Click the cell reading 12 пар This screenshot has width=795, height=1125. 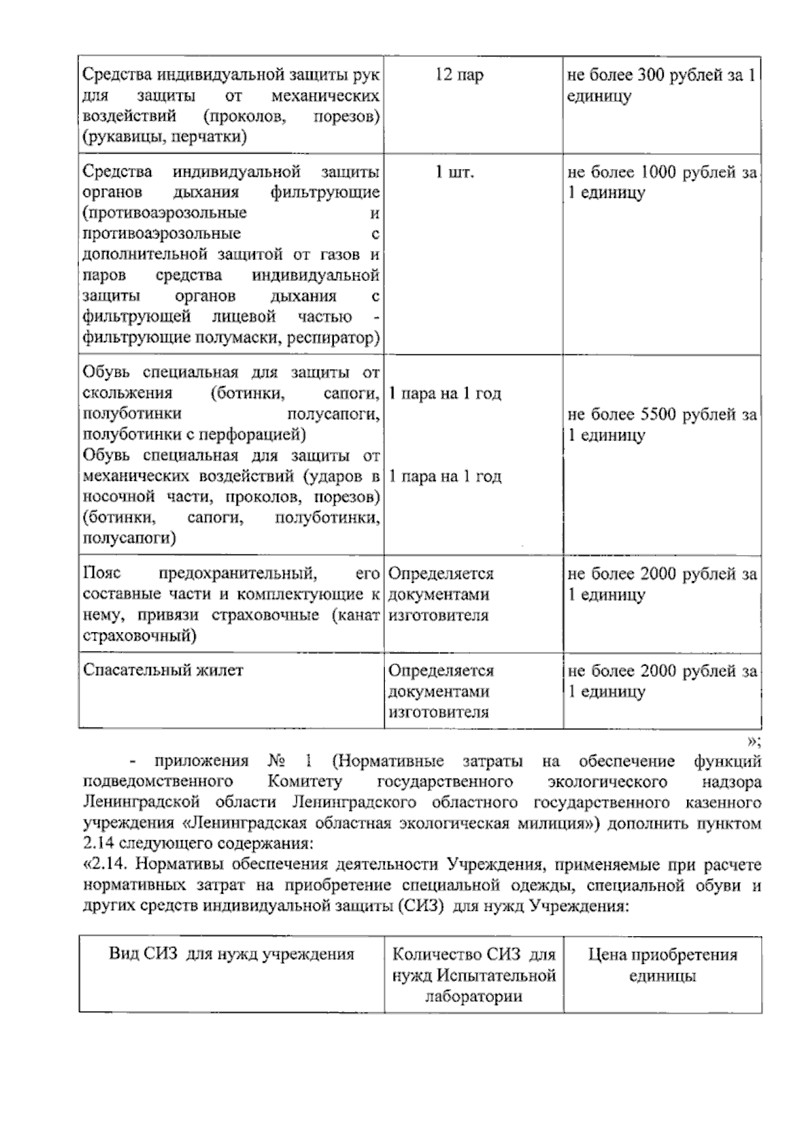click(x=459, y=75)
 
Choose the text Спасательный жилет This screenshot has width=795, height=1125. click(x=163, y=670)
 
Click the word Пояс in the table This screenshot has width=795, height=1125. click(x=102, y=573)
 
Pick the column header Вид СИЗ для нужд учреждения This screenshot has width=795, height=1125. click(x=231, y=954)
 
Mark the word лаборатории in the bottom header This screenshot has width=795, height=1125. click(x=473, y=996)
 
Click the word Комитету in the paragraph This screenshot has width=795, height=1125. click(x=305, y=782)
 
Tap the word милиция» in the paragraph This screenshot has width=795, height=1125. click(x=553, y=824)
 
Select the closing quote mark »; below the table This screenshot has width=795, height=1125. click(x=753, y=741)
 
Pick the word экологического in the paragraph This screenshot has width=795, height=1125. click(x=608, y=782)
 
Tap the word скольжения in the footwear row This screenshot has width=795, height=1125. click(x=127, y=394)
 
